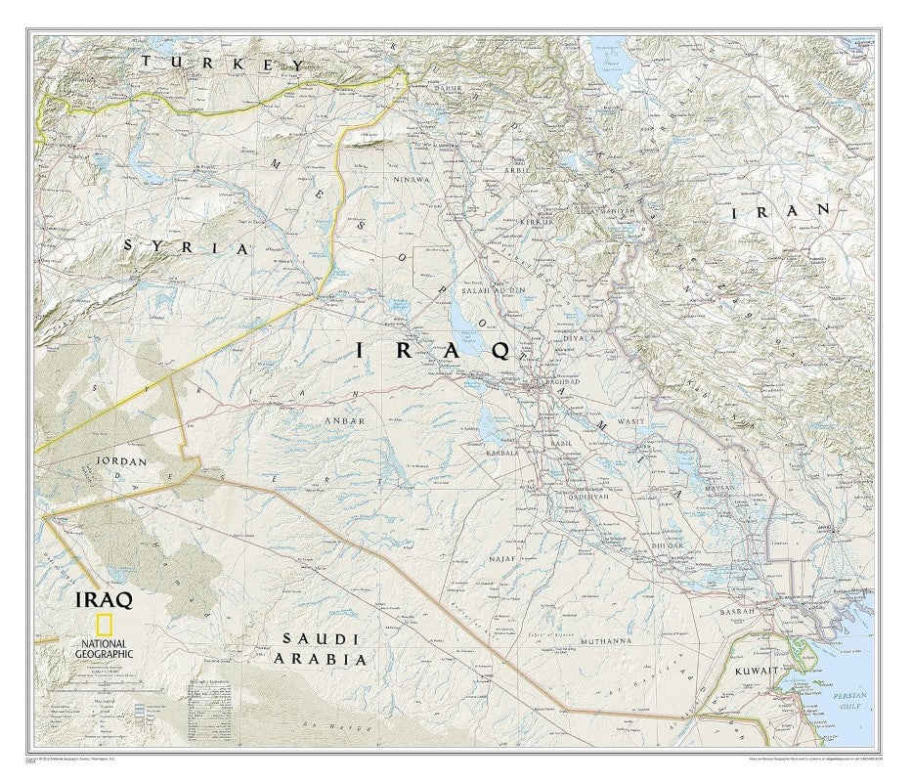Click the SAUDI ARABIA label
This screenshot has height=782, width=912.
pyautogui.click(x=322, y=648)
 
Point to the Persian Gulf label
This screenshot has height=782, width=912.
pyautogui.click(x=847, y=700)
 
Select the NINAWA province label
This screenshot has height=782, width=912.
pyautogui.click(x=412, y=180)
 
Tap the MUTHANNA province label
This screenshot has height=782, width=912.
pyautogui.click(x=606, y=641)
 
